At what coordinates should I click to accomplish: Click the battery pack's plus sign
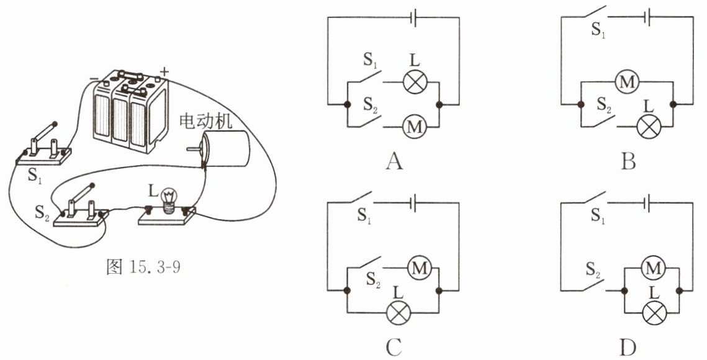click(164, 71)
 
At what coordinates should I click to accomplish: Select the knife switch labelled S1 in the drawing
click(42, 145)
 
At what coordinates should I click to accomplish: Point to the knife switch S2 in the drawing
click(81, 207)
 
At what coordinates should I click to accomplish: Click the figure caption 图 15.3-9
click(143, 267)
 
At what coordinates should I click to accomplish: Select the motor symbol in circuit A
click(415, 127)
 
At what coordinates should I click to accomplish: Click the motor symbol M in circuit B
click(627, 82)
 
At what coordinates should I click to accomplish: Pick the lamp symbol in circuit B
click(649, 127)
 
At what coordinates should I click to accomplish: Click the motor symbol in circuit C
click(420, 268)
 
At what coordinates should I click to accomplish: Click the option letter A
click(395, 161)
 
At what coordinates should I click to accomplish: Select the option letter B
click(629, 161)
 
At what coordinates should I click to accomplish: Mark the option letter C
click(394, 347)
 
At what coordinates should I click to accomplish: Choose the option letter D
click(628, 347)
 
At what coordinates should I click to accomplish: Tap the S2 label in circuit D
click(594, 270)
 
